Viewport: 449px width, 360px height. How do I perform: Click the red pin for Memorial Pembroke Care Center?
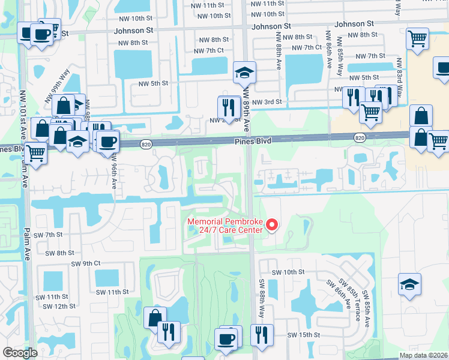[x=271, y=226]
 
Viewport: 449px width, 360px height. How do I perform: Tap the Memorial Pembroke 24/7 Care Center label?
[x=225, y=226]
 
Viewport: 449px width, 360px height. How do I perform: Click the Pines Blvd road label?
[x=253, y=140]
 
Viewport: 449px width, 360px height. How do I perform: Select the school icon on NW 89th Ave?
[x=244, y=73]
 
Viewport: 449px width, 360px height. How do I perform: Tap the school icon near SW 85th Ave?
[x=409, y=284]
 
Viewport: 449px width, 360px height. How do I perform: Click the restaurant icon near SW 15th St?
[x=262, y=335]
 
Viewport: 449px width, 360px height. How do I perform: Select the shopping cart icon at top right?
[x=417, y=39]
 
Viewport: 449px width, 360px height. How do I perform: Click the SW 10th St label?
[x=288, y=272]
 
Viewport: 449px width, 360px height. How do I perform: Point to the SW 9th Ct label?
[x=86, y=263]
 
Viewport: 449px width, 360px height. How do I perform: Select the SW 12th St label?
[x=61, y=306]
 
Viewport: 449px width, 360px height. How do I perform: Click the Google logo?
[x=20, y=353]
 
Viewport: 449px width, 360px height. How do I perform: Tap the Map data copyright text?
[x=423, y=355]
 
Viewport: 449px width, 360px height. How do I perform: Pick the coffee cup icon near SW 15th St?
[x=227, y=338]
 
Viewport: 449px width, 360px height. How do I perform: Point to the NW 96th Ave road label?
[x=114, y=169]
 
